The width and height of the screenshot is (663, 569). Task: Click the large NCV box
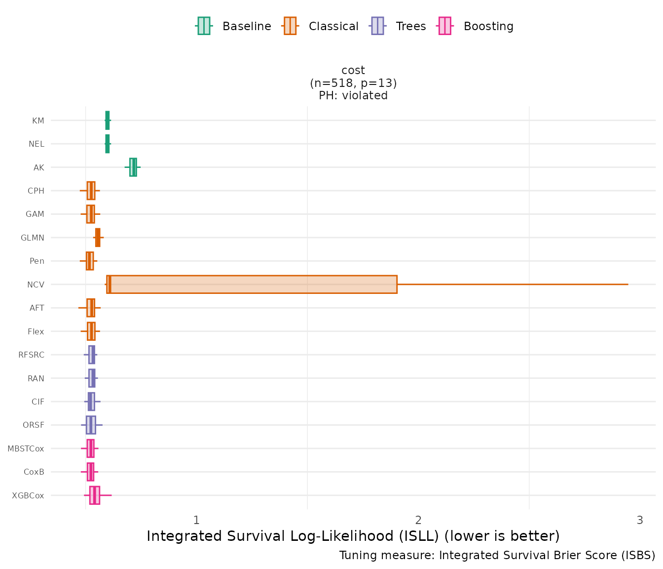tap(252, 284)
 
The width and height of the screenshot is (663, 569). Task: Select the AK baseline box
tap(133, 167)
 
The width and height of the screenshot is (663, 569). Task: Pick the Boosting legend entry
tap(476, 26)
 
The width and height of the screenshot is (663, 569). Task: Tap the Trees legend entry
tap(398, 26)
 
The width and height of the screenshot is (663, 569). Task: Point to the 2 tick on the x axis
tap(418, 520)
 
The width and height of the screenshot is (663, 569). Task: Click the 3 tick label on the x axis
tap(640, 520)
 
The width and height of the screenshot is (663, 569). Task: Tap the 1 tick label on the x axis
tap(196, 520)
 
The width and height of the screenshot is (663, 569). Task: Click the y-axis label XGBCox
tap(28, 495)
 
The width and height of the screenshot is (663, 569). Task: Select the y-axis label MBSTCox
tap(26, 448)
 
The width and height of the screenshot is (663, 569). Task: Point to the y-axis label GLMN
tap(33, 238)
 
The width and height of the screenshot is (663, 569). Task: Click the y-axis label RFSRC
tap(31, 355)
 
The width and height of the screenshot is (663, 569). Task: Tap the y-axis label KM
tap(38, 121)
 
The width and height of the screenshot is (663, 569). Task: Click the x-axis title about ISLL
tap(353, 536)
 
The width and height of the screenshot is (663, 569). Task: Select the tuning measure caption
tap(497, 556)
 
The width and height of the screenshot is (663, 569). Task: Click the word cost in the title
tap(353, 71)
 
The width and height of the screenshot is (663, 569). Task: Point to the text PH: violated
tap(353, 96)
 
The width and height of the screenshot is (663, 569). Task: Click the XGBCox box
tap(94, 495)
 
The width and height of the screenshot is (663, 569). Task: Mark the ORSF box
tap(91, 425)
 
